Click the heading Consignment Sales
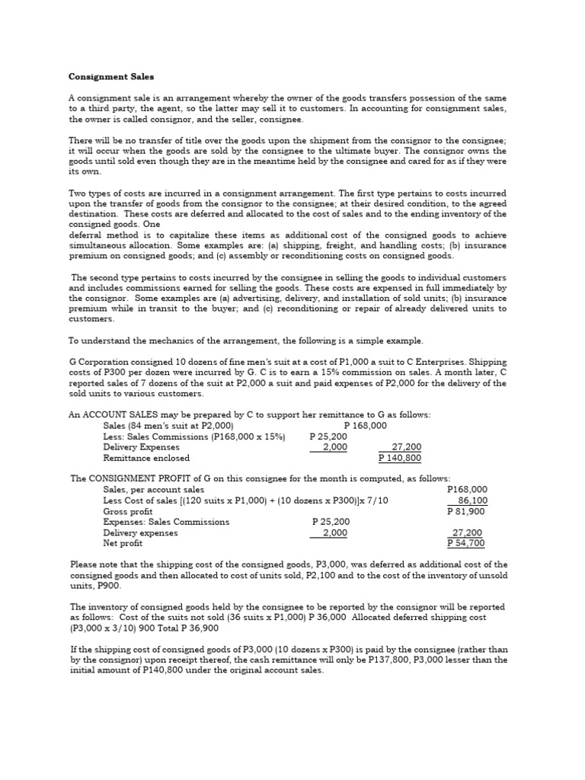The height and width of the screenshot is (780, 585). (111, 77)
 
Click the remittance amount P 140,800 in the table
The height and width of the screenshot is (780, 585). (400, 459)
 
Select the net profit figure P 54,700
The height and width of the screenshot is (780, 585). (466, 544)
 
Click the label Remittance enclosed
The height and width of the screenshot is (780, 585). (146, 459)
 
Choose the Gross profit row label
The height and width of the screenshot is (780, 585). (128, 512)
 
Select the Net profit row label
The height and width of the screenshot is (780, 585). (123, 544)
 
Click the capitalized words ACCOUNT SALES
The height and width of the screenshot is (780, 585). (120, 414)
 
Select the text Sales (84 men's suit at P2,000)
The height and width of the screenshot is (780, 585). (168, 426)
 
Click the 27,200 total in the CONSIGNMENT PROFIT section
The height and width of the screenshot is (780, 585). (467, 533)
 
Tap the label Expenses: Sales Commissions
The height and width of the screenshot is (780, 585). (166, 522)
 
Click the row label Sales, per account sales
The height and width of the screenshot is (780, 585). (154, 490)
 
